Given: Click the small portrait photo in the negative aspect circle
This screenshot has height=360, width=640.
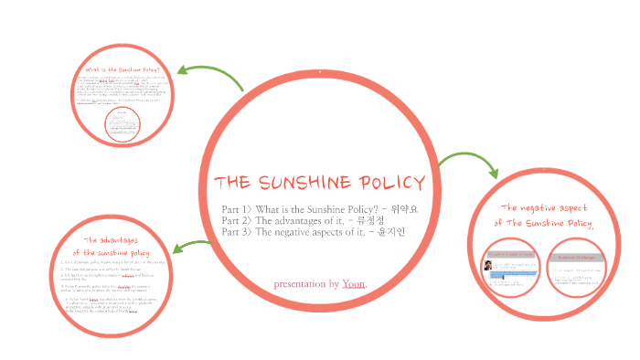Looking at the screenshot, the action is click(489, 267).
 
